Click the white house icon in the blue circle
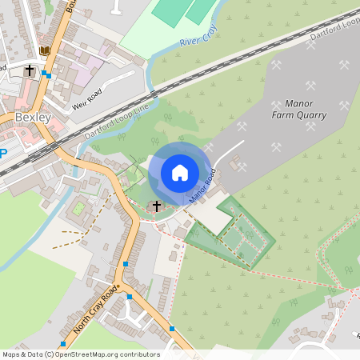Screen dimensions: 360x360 click(x=180, y=172)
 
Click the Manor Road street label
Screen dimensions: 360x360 click(x=202, y=186)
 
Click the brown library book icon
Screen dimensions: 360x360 click(x=45, y=51)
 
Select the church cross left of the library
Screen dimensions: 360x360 click(x=30, y=70)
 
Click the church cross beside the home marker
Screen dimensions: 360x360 click(x=157, y=206)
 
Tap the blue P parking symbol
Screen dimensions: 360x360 click(x=2, y=154)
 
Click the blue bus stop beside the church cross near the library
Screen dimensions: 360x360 click(x=48, y=75)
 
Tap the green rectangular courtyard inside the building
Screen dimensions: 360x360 click(x=78, y=209)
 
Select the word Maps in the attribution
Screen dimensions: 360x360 click(x=12, y=354)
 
